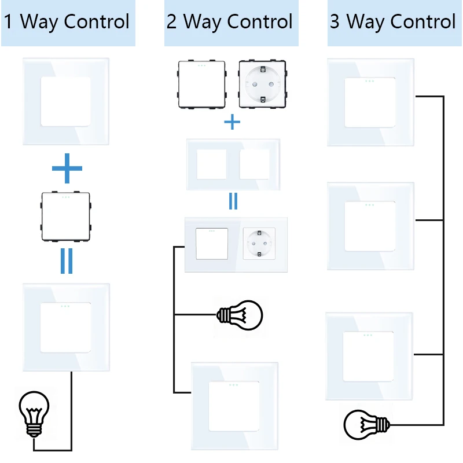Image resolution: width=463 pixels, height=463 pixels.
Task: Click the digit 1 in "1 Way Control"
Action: click(x=8, y=21)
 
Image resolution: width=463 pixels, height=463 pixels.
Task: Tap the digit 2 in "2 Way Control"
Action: click(x=171, y=21)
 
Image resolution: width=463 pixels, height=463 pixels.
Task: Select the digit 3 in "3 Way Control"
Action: click(x=335, y=21)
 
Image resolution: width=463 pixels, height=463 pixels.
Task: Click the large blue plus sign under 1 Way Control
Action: click(x=67, y=168)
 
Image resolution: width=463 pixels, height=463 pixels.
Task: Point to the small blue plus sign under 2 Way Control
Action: click(x=232, y=122)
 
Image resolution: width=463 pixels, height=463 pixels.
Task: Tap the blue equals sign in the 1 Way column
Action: click(x=67, y=261)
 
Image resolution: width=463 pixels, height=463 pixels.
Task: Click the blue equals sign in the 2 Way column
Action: click(x=233, y=201)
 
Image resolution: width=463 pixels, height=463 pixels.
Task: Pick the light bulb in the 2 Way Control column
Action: click(x=240, y=315)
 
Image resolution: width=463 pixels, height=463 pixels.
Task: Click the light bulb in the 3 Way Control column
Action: click(x=367, y=425)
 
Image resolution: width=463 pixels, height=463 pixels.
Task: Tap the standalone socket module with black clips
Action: click(x=262, y=84)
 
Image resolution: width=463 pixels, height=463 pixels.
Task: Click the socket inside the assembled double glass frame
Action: click(x=259, y=244)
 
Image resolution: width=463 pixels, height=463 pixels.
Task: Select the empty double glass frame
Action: click(x=233, y=164)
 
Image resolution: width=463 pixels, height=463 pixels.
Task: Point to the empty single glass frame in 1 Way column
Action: click(x=66, y=102)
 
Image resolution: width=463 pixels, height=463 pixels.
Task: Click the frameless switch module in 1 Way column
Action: click(x=65, y=216)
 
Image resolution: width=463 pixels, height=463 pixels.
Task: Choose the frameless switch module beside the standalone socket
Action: click(x=202, y=84)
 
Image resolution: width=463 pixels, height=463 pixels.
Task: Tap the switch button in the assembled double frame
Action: click(x=212, y=244)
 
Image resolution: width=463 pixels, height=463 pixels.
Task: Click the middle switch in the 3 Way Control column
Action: click(x=370, y=226)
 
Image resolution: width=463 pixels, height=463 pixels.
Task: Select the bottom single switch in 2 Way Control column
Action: click(x=234, y=406)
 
